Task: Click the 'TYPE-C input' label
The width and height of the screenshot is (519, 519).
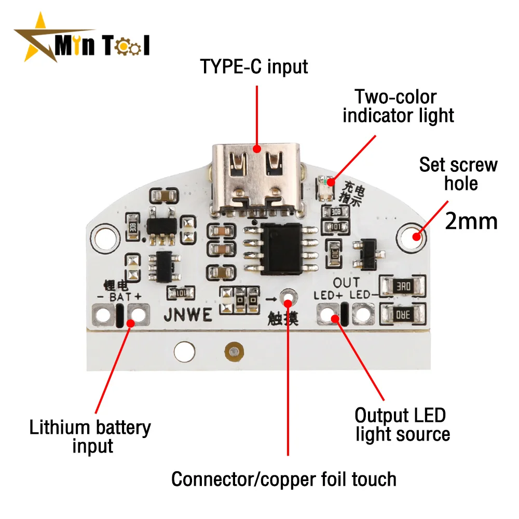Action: [254, 66]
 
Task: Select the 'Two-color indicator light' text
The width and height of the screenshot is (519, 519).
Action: [398, 106]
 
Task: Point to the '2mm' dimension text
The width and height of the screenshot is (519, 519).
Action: [471, 221]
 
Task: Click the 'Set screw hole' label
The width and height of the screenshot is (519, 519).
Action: [458, 174]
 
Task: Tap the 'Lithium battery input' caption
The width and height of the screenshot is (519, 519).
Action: [90, 436]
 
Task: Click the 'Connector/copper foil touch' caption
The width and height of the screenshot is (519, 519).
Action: [284, 479]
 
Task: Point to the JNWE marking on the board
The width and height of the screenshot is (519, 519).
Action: [187, 315]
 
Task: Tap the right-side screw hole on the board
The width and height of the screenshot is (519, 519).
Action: [413, 236]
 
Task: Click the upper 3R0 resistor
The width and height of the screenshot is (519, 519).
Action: [403, 285]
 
